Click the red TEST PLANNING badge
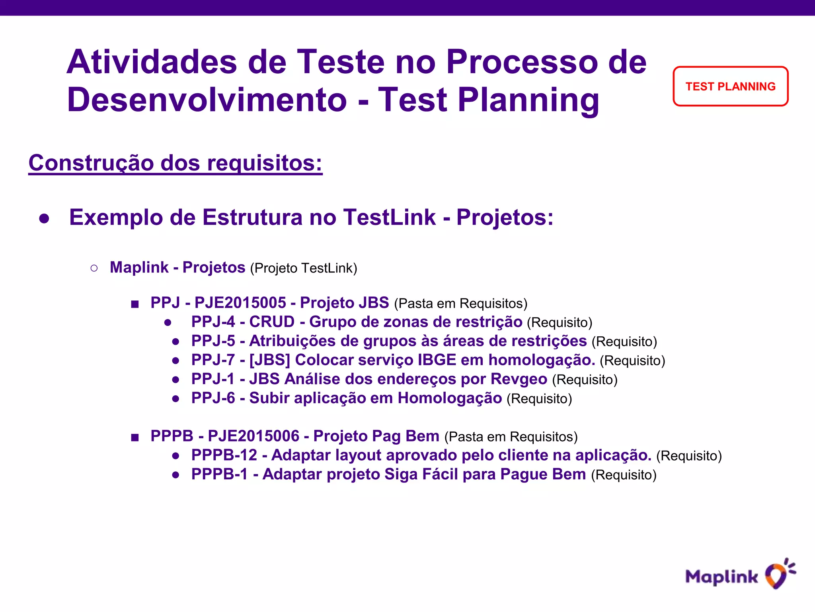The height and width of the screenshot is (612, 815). click(730, 86)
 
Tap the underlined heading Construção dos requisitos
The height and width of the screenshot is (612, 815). click(175, 163)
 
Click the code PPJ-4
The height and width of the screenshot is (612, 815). click(213, 322)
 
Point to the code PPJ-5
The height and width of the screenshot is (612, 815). click(213, 341)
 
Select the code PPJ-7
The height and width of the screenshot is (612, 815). click(213, 360)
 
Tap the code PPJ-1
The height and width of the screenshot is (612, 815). click(213, 379)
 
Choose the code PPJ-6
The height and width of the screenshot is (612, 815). click(213, 398)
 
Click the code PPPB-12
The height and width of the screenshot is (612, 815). click(224, 455)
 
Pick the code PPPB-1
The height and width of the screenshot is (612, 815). click(219, 475)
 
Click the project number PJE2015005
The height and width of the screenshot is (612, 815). click(240, 303)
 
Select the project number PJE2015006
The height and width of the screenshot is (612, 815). click(253, 436)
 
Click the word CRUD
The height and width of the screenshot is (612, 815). click(272, 322)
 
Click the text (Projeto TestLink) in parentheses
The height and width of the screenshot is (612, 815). click(303, 268)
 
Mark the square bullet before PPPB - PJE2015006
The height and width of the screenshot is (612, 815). click(135, 437)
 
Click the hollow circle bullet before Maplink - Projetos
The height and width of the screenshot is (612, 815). click(94, 268)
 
